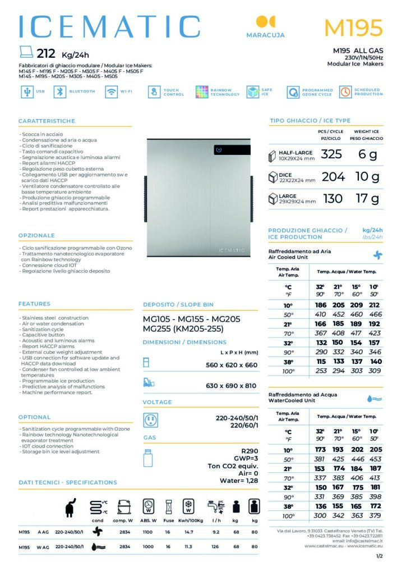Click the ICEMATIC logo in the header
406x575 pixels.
pyautogui.click(x=109, y=26)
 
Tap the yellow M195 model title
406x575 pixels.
pyautogui.click(x=353, y=27)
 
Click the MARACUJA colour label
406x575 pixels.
pyautogui.click(x=265, y=35)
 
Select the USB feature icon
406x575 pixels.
pyautogui.click(x=26, y=92)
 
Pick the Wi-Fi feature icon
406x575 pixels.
pyautogui.click(x=111, y=92)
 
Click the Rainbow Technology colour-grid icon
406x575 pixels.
pyautogui.click(x=202, y=92)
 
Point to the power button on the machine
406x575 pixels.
pyautogui.click(x=219, y=150)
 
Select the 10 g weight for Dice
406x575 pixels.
pyautogui.click(x=368, y=177)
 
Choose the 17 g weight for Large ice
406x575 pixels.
pyautogui.click(x=368, y=198)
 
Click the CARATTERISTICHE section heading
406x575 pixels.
pyautogui.click(x=47, y=121)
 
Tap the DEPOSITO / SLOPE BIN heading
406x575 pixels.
pyautogui.click(x=178, y=305)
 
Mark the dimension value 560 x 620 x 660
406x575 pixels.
pyautogui.click(x=232, y=365)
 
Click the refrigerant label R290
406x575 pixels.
pyautogui.click(x=250, y=450)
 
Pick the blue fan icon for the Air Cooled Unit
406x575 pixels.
pyautogui.click(x=378, y=254)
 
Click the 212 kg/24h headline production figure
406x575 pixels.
pyautogui.click(x=45, y=54)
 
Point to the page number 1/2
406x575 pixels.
pyautogui.click(x=379, y=556)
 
